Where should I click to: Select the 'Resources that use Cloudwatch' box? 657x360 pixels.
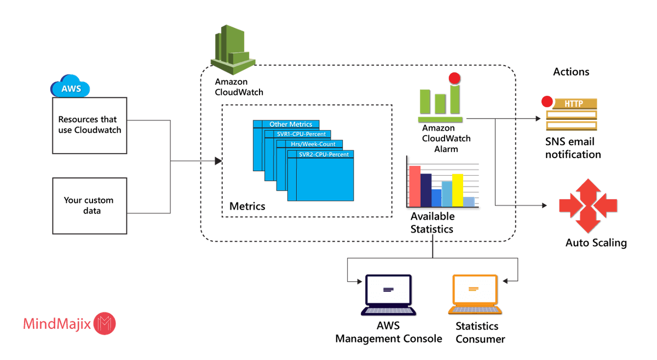90,125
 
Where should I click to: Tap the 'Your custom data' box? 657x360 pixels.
90,204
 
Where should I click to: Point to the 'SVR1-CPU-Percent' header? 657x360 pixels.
301,134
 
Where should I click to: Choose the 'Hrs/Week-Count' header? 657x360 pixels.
313,144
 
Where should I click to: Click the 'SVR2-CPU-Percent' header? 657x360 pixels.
324,154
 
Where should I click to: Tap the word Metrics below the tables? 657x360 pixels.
247,207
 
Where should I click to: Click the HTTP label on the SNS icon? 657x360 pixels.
573,103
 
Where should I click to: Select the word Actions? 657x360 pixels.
571,72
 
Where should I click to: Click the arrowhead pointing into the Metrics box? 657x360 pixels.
218,161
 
